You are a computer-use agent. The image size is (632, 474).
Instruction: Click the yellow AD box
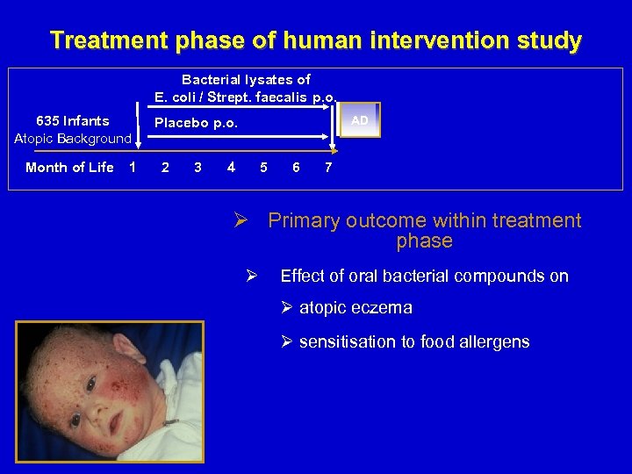[359, 121]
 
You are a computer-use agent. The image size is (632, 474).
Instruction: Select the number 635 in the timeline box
[47, 121]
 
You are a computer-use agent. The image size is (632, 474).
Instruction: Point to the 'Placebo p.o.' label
[196, 123]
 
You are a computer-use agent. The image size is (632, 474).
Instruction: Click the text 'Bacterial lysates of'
[246, 79]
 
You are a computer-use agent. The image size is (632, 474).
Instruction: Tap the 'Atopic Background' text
[73, 139]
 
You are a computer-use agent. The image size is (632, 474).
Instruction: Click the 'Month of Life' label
[69, 168]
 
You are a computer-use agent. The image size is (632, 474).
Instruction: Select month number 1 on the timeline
[132, 168]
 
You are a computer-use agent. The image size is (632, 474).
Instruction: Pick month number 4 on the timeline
[230, 168]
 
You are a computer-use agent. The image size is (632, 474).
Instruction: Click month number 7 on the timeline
[327, 168]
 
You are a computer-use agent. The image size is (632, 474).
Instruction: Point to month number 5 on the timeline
[263, 168]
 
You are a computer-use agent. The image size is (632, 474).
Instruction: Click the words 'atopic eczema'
[355, 308]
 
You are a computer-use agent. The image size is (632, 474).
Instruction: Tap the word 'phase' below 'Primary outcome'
[424, 241]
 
